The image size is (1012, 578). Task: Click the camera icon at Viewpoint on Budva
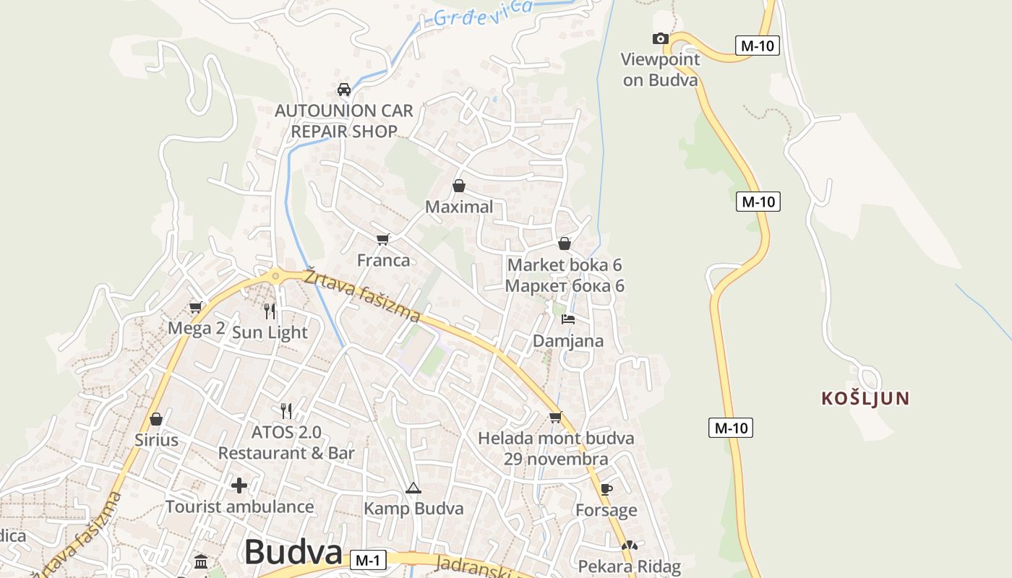(660, 39)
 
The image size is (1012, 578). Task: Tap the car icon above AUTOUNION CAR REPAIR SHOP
(344, 90)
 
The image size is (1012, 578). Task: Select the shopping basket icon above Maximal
(458, 186)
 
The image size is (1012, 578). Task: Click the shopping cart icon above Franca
(383, 239)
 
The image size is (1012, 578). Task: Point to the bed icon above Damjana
(568, 319)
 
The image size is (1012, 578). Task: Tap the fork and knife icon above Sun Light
(270, 311)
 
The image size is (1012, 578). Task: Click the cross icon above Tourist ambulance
(239, 485)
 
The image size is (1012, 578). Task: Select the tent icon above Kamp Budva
(413, 488)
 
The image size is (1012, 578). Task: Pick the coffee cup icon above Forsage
(606, 489)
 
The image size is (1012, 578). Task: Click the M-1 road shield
(369, 560)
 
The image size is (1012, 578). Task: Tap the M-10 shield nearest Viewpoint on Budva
(758, 46)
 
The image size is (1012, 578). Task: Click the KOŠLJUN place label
(865, 398)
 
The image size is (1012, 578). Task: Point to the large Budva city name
(293, 553)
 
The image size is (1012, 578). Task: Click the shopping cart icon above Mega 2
(195, 308)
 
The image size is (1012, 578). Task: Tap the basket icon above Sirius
(155, 419)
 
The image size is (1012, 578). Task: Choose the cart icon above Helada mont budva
(555, 417)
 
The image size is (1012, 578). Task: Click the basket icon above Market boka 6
(565, 243)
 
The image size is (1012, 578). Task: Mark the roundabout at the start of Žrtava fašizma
(275, 275)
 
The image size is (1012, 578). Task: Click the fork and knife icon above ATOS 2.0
(286, 411)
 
